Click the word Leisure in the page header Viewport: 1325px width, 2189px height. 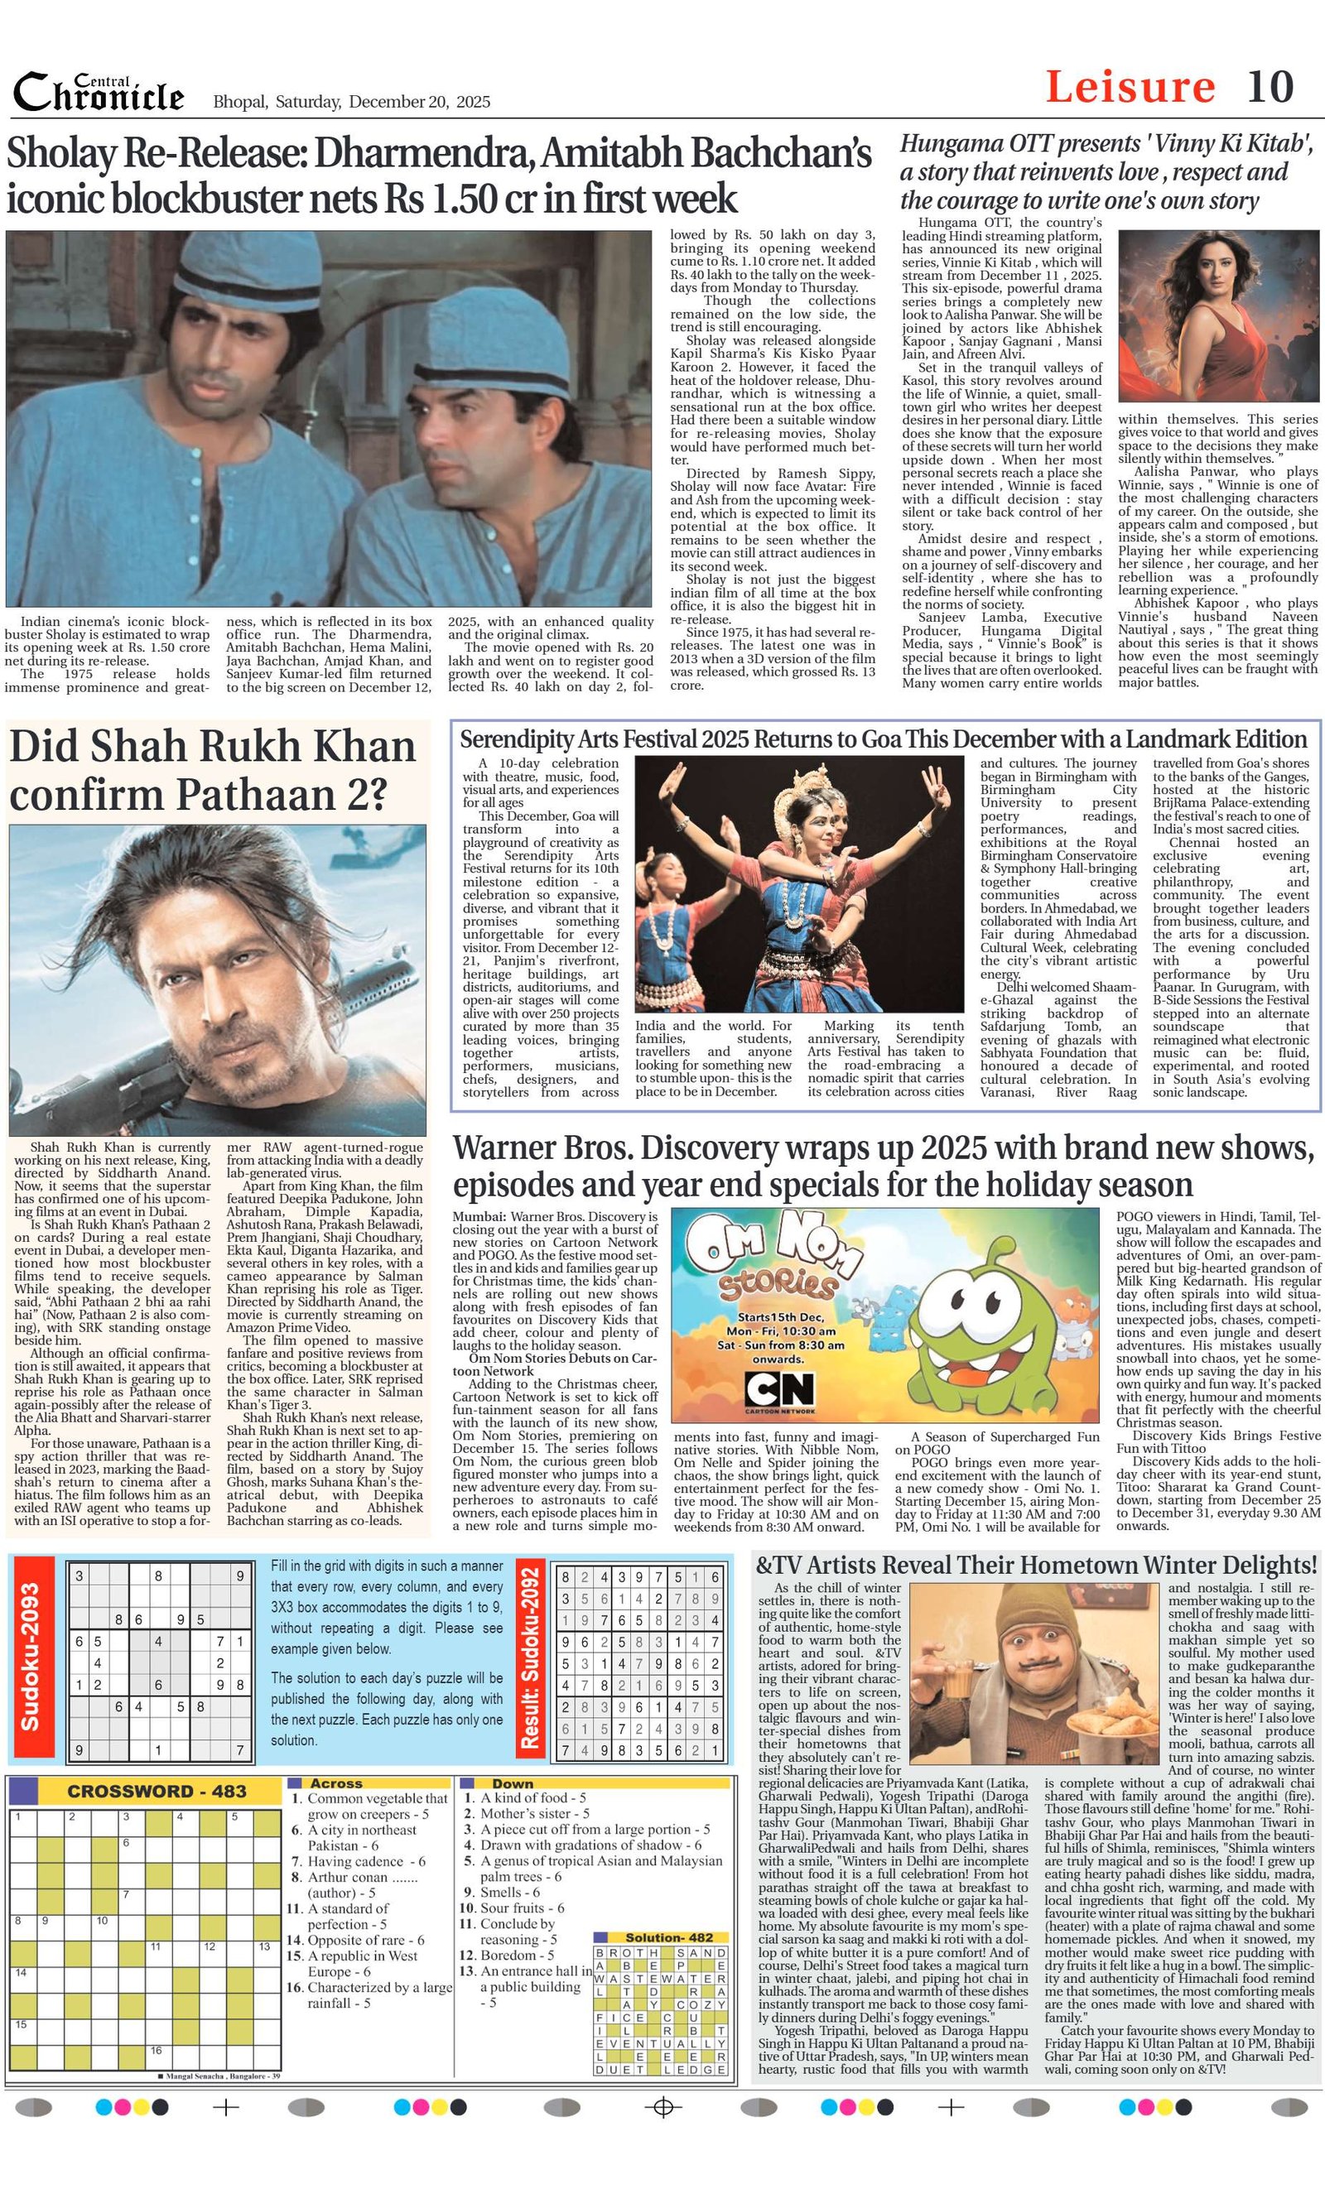[1130, 87]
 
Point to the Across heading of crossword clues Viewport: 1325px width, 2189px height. [335, 1783]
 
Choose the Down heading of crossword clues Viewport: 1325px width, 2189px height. [512, 1783]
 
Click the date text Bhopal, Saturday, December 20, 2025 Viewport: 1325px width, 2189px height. [351, 102]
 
